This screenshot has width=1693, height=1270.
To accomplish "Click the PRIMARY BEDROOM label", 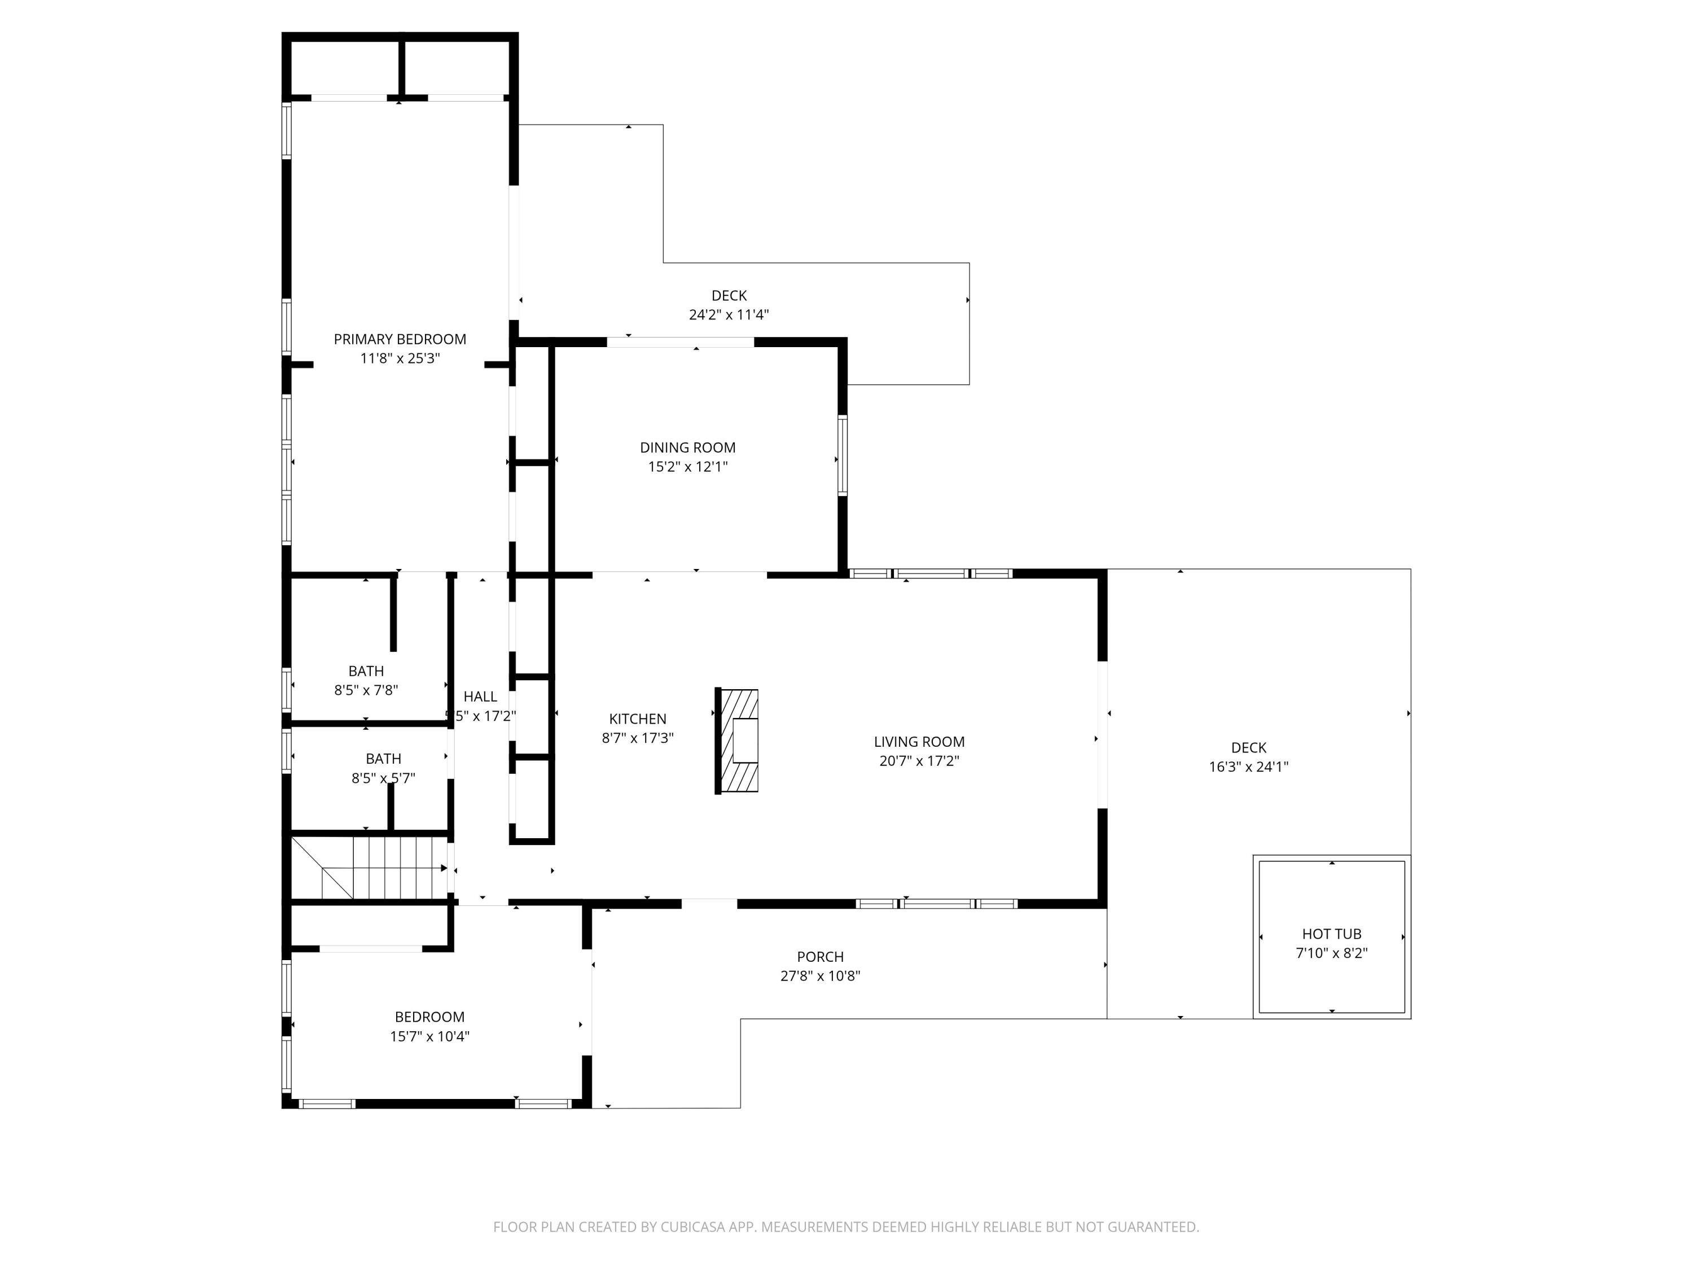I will pos(400,339).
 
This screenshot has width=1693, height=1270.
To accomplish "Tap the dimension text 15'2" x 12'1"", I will pos(687,467).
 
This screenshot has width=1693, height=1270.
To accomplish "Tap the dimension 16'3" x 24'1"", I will pos(1248,767).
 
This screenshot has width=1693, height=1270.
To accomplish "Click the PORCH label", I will pos(820,957).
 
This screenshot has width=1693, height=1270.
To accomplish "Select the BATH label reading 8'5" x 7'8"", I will pos(366,671).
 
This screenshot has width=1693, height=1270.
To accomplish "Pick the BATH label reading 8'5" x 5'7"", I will pos(383,759).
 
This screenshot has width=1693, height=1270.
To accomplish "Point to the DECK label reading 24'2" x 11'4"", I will pos(729,296).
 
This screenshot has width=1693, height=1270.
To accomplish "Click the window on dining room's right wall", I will pos(842,456).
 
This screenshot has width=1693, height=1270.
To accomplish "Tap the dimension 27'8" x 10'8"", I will pos(820,976).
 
